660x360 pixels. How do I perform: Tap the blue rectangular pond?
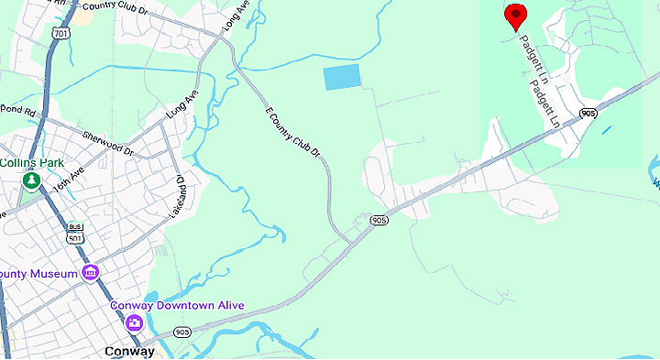(342, 78)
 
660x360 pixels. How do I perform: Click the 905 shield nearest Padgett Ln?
(588, 113)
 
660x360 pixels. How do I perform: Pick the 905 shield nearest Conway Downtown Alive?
(182, 332)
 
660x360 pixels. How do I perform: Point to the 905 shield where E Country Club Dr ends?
(379, 221)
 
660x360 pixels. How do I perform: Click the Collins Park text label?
(32, 162)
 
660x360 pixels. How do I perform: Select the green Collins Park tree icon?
(31, 180)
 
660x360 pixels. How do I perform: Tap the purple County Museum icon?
(90, 272)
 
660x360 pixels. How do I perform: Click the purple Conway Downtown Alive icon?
(134, 322)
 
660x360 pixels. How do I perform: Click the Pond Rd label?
(16, 111)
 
